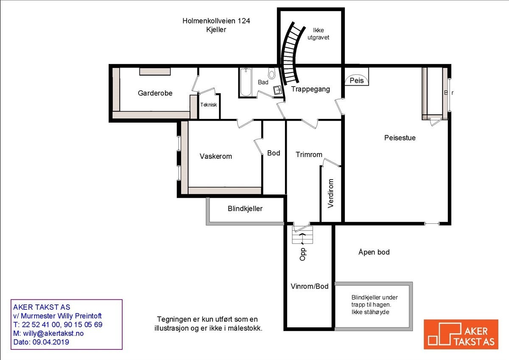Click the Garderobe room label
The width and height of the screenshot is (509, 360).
tap(155, 93)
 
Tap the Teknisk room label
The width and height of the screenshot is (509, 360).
tap(209, 105)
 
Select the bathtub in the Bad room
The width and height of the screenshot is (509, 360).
tap(245, 82)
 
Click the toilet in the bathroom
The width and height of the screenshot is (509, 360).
tap(272, 74)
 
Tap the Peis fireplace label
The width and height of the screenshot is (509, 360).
tap(357, 80)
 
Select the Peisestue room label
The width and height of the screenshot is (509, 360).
tap(400, 138)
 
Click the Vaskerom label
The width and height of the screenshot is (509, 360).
tap(215, 156)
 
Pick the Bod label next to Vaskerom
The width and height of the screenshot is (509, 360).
tap(274, 153)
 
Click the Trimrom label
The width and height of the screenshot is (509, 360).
tap(309, 155)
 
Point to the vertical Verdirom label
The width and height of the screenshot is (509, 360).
tap(331, 193)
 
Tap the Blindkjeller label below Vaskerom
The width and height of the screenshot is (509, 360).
tap(245, 208)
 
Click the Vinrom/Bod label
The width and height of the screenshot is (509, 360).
tap(309, 286)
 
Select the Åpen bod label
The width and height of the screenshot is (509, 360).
tap(374, 252)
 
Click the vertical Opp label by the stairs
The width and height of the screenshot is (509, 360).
tap(302, 254)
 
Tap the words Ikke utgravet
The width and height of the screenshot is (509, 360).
tap(321, 34)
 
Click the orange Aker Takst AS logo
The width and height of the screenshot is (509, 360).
tap(461, 334)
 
